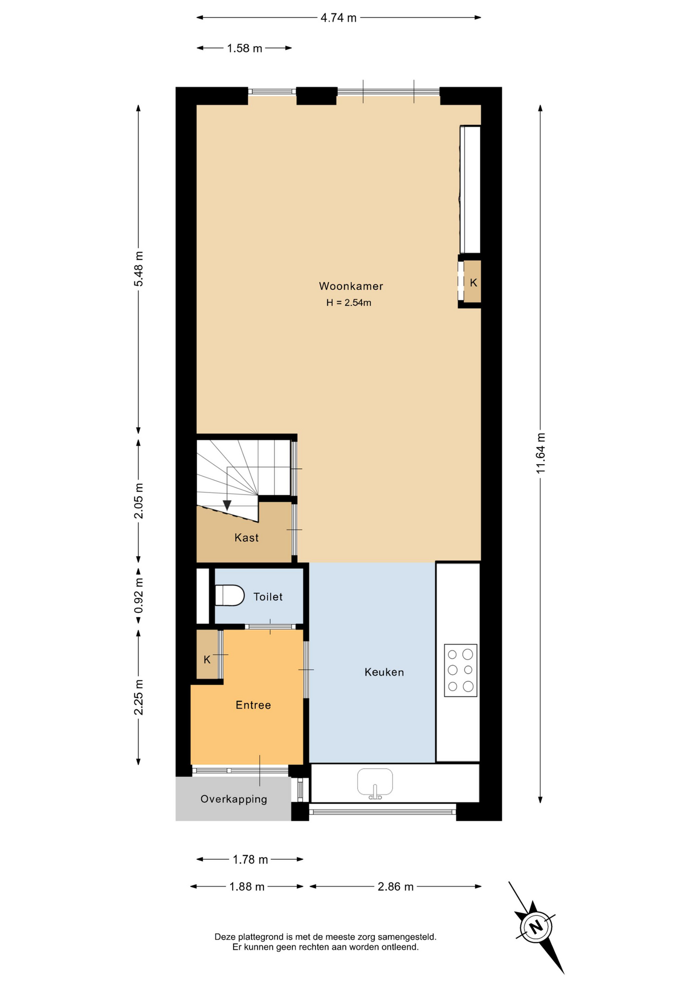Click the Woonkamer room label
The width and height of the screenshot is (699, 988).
coord(351,286)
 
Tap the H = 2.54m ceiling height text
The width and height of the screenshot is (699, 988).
coord(348,303)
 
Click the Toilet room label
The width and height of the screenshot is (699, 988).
coord(268,596)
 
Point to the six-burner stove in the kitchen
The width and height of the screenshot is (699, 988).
coord(461,670)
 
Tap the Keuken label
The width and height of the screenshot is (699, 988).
coord(384,672)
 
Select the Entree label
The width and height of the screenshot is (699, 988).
coord(253,705)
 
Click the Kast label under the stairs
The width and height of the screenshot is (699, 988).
coord(247,538)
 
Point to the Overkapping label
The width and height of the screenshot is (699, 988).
coord(234,799)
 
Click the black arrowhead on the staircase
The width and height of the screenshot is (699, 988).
coord(227,505)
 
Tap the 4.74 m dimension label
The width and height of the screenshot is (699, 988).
coord(339,18)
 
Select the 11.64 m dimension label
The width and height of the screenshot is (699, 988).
coord(540,453)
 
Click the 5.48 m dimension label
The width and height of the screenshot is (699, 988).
coord(138,269)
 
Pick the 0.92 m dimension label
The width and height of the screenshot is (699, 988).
coord(138,596)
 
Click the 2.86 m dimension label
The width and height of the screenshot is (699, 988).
coord(396,887)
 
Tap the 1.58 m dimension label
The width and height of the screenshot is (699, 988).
coord(244,48)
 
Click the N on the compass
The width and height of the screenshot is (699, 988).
coord(536,927)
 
